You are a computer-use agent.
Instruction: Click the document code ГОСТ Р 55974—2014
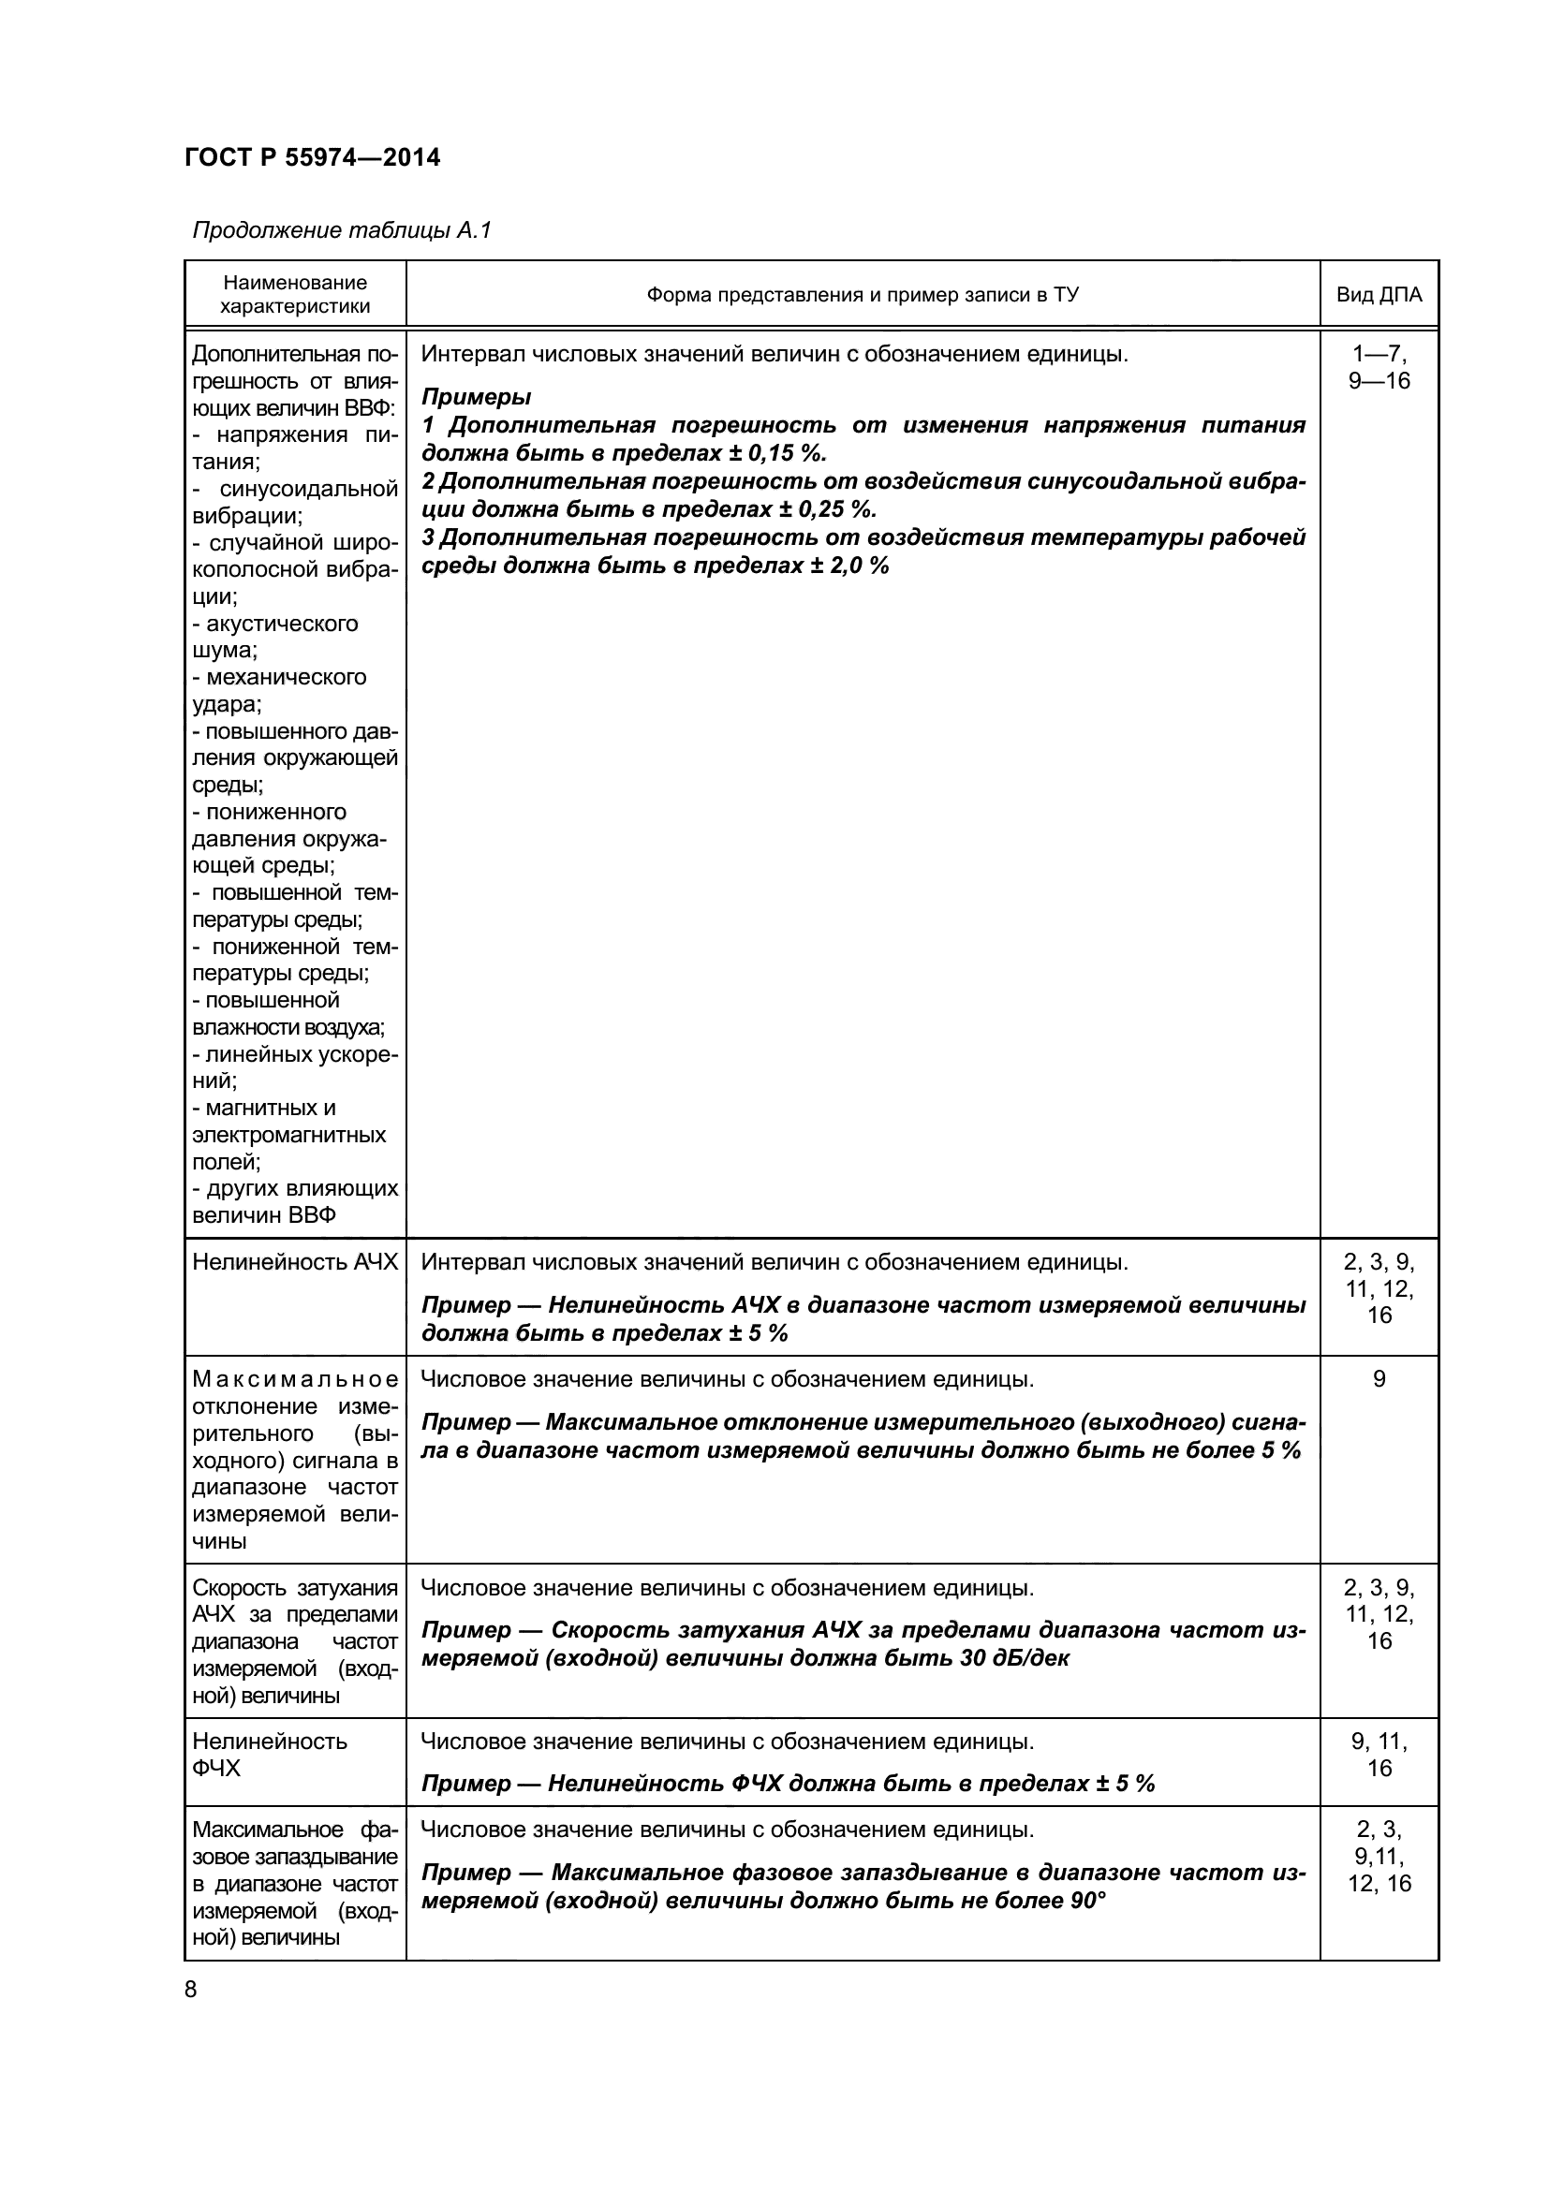coord(312,157)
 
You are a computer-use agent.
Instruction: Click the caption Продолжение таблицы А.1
coord(342,230)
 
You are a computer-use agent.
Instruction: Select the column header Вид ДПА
coord(1379,295)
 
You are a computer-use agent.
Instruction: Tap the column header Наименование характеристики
coord(295,294)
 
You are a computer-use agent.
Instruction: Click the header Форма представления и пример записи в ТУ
coord(863,295)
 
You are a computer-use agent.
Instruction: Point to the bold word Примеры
coord(476,397)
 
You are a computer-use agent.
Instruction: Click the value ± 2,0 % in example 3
coord(848,566)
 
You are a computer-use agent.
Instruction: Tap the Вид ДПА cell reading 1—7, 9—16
coord(1379,368)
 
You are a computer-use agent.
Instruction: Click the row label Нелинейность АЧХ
coord(295,1262)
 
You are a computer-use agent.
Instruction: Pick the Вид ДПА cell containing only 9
coord(1379,1379)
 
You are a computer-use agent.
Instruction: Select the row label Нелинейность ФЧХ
coord(270,1754)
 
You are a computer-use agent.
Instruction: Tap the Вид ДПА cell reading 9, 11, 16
coord(1379,1754)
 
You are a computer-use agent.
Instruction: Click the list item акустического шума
coord(276,636)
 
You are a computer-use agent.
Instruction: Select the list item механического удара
coord(279,691)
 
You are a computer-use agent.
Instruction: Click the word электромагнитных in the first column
coord(289,1135)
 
